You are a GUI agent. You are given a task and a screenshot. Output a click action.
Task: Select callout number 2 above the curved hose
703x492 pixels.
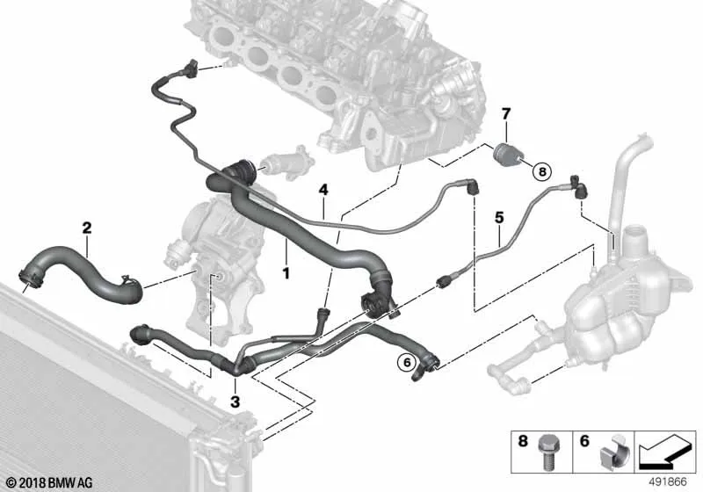coord(87,228)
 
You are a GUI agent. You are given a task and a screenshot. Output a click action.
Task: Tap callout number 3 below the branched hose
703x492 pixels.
coord(236,402)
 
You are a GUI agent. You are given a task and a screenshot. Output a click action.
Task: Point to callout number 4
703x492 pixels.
coord(323,190)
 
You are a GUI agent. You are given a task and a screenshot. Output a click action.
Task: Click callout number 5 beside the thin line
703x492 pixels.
coord(499,218)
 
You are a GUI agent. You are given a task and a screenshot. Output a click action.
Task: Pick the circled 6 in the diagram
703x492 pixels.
coord(407,362)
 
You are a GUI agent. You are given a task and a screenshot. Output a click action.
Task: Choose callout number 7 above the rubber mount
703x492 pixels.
coord(506,114)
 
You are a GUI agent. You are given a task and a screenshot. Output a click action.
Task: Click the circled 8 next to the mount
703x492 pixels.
coord(541,170)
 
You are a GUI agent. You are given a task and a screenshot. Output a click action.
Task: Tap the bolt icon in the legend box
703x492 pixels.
coord(547,452)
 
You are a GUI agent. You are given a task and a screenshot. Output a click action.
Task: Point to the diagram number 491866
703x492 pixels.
coord(668,482)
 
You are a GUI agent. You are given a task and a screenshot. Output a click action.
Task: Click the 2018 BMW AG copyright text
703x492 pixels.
coord(50,482)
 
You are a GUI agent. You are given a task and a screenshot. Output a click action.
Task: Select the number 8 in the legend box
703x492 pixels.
coord(523,441)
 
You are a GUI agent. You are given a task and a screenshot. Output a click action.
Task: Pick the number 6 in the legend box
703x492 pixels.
coord(584,441)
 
